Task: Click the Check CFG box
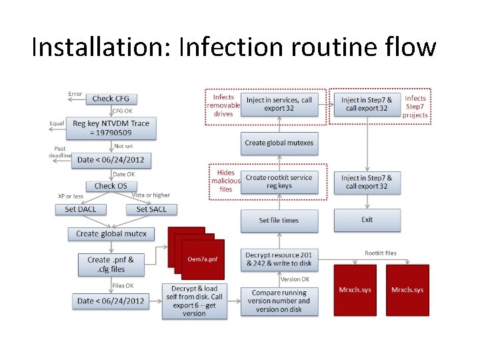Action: click(111, 99)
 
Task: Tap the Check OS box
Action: click(110, 186)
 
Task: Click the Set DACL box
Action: click(80, 209)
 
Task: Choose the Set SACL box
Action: click(151, 209)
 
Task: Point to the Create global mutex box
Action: click(111, 234)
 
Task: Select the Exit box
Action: click(367, 220)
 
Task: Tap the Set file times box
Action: click(279, 220)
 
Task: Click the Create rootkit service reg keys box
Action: click(279, 181)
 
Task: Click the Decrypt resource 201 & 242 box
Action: click(279, 259)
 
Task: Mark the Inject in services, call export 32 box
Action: click(279, 104)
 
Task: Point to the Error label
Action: click(75, 94)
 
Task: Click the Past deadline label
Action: click(60, 152)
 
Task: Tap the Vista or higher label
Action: click(151, 195)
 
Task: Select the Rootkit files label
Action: click(380, 253)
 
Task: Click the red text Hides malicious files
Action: click(225, 181)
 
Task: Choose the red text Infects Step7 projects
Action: click(415, 107)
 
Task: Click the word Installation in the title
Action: click(100, 48)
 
